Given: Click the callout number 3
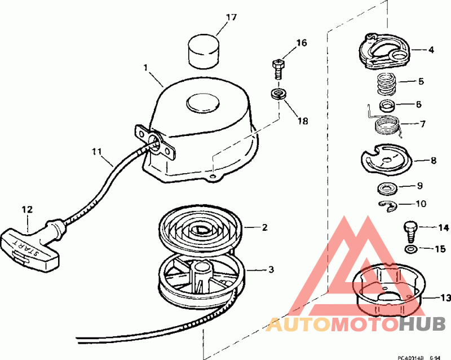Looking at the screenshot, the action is tap(271, 270).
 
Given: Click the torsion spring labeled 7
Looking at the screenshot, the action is tap(387, 124).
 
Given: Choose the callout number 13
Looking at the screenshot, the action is tap(445, 297).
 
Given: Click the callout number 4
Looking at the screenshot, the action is tap(431, 50).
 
